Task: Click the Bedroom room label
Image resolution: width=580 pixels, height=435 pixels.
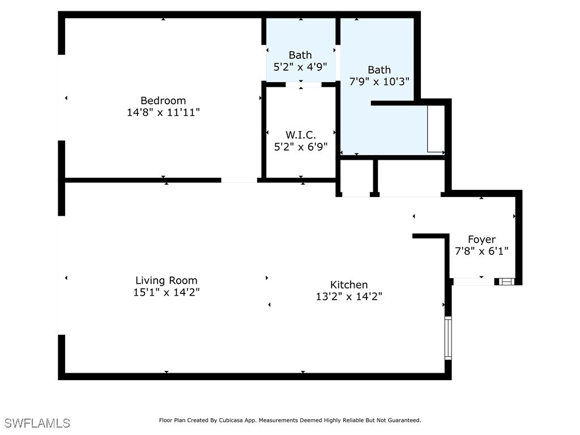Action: point(163,101)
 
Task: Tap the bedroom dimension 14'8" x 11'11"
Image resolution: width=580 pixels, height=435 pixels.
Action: point(163,113)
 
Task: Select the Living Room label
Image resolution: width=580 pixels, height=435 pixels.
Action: point(167,280)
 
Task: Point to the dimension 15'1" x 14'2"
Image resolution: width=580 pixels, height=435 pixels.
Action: point(167,292)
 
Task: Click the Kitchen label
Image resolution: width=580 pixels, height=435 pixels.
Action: point(349,285)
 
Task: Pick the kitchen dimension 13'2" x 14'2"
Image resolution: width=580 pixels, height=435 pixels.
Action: point(349,296)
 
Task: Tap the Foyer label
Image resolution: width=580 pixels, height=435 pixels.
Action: point(481,240)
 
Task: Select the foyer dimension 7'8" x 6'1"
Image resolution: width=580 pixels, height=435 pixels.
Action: point(481,251)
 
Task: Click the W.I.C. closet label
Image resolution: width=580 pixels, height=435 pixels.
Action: point(300,135)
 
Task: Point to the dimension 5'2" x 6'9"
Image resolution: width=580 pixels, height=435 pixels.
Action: point(300,146)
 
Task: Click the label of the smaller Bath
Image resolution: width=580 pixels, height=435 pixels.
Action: point(300,55)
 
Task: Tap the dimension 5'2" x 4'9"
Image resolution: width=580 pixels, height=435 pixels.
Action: point(300,66)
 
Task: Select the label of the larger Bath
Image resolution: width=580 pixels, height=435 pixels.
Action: point(379,70)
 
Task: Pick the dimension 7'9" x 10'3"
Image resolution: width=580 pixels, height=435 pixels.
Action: point(379,81)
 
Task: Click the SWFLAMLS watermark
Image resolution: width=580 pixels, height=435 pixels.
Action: point(37,423)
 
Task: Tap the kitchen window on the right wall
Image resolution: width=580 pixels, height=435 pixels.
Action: point(448,338)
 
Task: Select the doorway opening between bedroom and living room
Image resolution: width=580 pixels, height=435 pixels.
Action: point(239,180)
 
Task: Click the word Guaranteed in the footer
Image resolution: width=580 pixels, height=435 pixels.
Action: point(403,420)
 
